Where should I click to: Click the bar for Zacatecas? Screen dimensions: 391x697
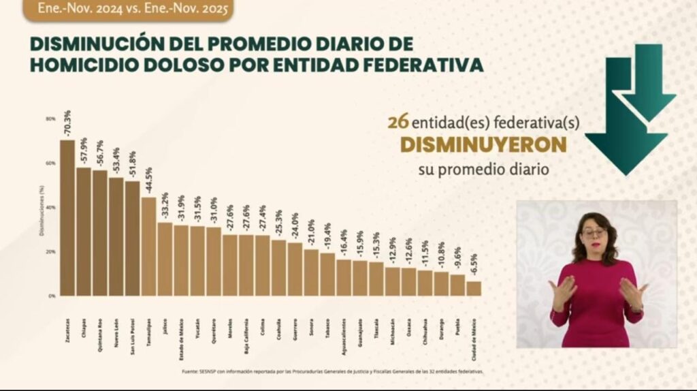tap(67, 218)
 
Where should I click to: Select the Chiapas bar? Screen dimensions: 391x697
tap(84, 232)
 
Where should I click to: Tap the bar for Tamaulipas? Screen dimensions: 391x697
tap(148, 247)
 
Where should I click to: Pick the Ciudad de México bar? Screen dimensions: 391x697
tap(474, 289)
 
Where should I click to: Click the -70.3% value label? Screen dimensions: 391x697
tap(67, 123)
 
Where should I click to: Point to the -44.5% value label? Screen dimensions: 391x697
tap(148, 181)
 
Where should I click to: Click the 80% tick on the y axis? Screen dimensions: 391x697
tap(50, 119)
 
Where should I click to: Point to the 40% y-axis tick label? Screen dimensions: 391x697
tap(50, 207)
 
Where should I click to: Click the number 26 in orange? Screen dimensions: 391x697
tap(398, 123)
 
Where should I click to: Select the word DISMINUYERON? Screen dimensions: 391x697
tap(483, 145)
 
